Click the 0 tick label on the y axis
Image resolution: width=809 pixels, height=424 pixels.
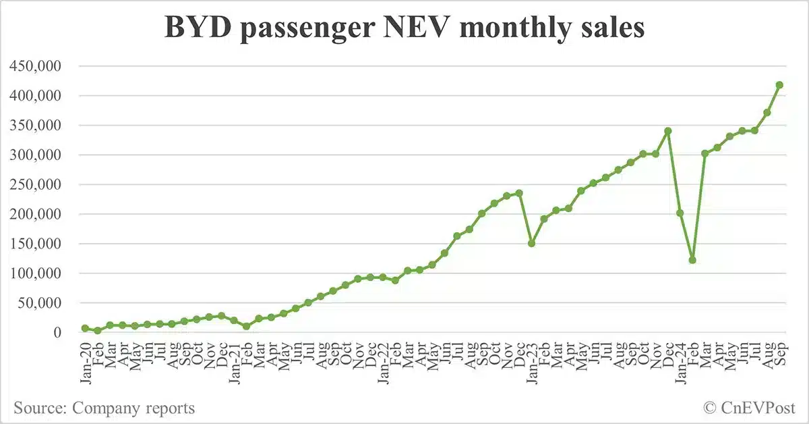point(57,333)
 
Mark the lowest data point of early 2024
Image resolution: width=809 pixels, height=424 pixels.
point(692,260)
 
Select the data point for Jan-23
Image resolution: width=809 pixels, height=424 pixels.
point(531,243)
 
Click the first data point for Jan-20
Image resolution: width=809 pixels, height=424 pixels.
point(85,328)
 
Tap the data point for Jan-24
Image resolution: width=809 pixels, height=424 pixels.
point(680,213)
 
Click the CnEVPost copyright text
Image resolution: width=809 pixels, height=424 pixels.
point(749,408)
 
